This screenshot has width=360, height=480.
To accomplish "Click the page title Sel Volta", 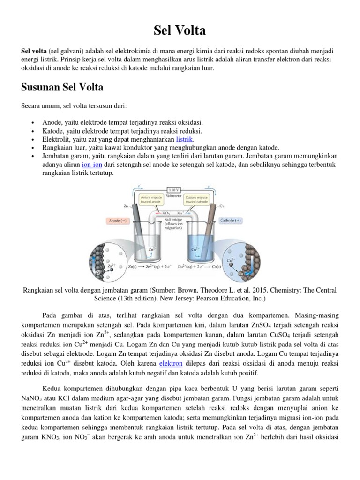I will point(180,30).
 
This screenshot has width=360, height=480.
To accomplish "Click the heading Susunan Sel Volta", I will point(62,88).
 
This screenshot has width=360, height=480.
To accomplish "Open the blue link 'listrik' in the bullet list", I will point(185,140).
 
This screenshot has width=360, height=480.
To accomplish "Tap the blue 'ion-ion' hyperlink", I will point(92,165).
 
